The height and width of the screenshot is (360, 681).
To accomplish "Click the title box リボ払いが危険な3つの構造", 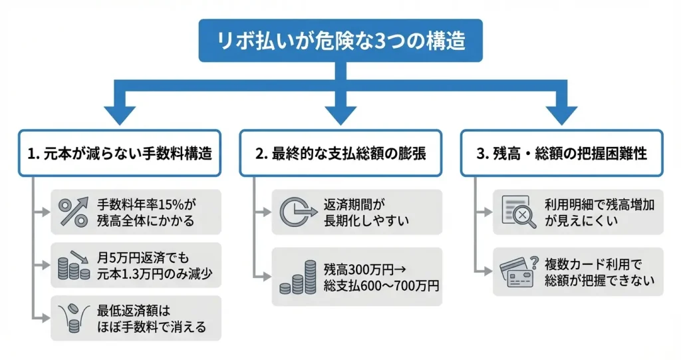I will click(340, 40).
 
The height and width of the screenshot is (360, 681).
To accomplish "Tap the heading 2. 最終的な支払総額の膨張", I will click(340, 153).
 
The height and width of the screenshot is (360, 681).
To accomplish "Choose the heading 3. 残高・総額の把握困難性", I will click(562, 153).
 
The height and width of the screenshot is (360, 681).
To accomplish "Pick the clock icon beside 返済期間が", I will click(295, 212).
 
